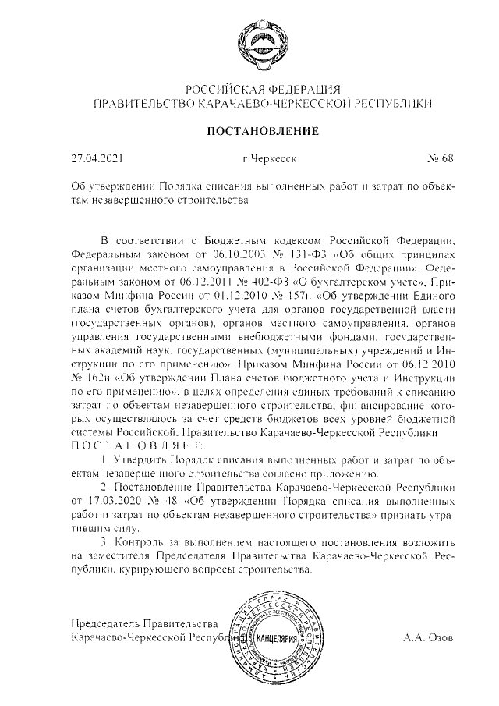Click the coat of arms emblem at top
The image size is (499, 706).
click(260, 42)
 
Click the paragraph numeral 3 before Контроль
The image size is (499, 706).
click(105, 541)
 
